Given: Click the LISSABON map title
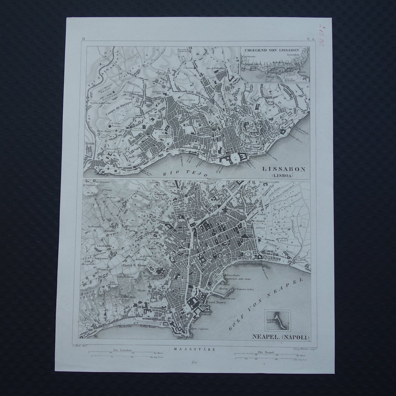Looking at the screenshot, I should [x=284, y=169].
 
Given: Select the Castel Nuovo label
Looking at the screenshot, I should [x=216, y=302].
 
